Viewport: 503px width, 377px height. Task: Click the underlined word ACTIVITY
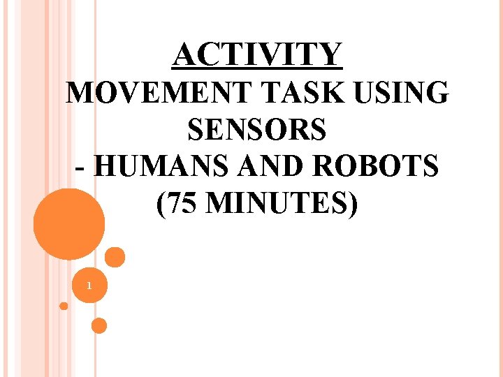(x=258, y=54)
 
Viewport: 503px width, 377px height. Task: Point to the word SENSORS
(x=256, y=131)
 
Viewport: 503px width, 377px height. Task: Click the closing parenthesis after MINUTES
(x=352, y=205)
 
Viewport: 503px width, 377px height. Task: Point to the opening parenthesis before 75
(x=162, y=205)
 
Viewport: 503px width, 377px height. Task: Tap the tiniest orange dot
(x=64, y=306)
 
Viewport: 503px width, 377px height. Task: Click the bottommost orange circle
(x=99, y=325)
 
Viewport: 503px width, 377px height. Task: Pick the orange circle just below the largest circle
(x=115, y=257)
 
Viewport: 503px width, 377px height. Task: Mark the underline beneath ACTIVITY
(x=258, y=69)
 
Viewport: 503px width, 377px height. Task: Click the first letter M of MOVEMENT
(x=77, y=94)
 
